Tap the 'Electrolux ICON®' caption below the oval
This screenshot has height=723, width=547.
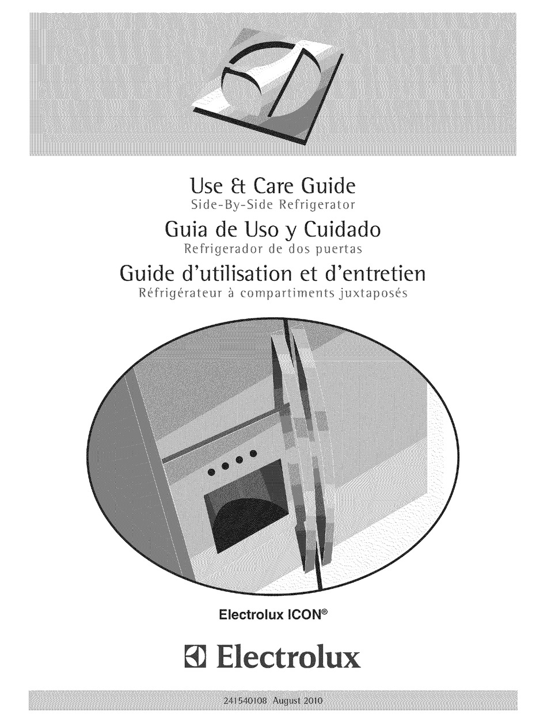tap(273, 614)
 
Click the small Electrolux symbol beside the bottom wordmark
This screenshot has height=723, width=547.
tap(196, 657)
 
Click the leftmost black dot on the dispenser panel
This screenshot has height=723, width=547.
tap(211, 472)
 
